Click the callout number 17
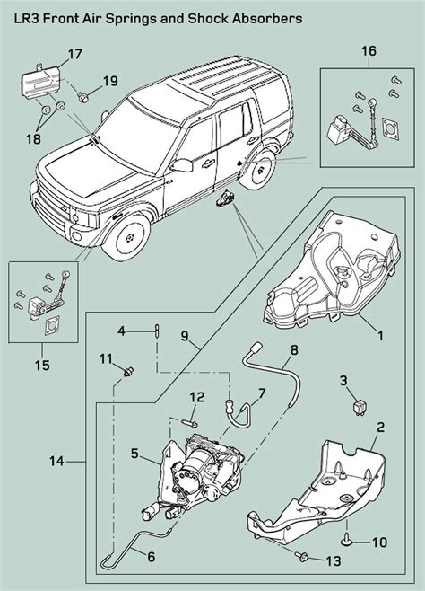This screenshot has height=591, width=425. pyautogui.click(x=74, y=55)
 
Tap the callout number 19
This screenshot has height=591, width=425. pyautogui.click(x=109, y=81)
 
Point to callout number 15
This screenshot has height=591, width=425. pyautogui.click(x=41, y=366)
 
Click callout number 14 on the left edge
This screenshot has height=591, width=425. pyautogui.click(x=56, y=461)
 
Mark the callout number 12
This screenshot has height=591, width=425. pyautogui.click(x=197, y=397)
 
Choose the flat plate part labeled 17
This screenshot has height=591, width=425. pyautogui.click(x=39, y=84)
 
